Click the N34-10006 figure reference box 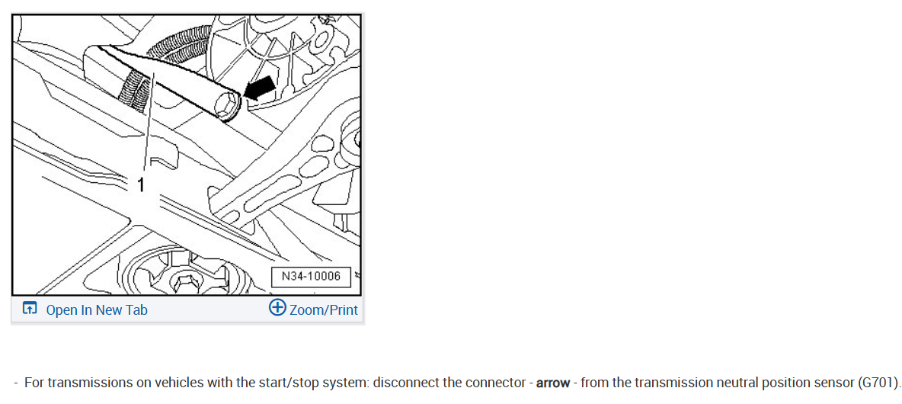click(311, 276)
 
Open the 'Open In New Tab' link click(97, 309)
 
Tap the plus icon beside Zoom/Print click(277, 308)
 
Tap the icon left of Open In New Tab click(30, 309)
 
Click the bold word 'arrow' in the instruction click(553, 382)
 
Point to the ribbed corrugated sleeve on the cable click(133, 91)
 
